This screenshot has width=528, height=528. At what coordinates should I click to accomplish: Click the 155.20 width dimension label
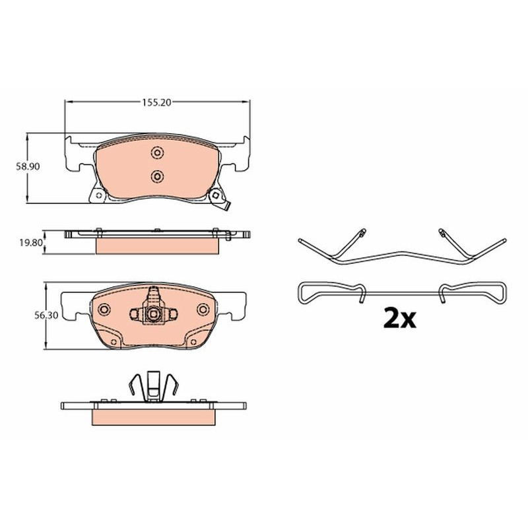pyautogui.click(x=156, y=102)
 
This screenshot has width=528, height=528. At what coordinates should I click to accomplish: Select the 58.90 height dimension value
pyautogui.click(x=28, y=166)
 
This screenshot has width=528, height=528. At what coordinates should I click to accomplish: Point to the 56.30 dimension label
pyautogui.click(x=46, y=315)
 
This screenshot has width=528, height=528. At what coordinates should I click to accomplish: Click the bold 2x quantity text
pyautogui.click(x=400, y=318)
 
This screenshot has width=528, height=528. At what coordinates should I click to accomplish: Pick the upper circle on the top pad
pyautogui.click(x=157, y=153)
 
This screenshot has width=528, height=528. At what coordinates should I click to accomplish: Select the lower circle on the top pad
pyautogui.click(x=157, y=176)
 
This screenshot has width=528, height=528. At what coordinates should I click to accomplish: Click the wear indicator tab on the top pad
pyautogui.click(x=228, y=206)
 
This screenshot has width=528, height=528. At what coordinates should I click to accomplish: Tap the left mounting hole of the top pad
pyautogui.click(x=98, y=195)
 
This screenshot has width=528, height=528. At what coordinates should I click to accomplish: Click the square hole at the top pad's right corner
pyautogui.click(x=215, y=195)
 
